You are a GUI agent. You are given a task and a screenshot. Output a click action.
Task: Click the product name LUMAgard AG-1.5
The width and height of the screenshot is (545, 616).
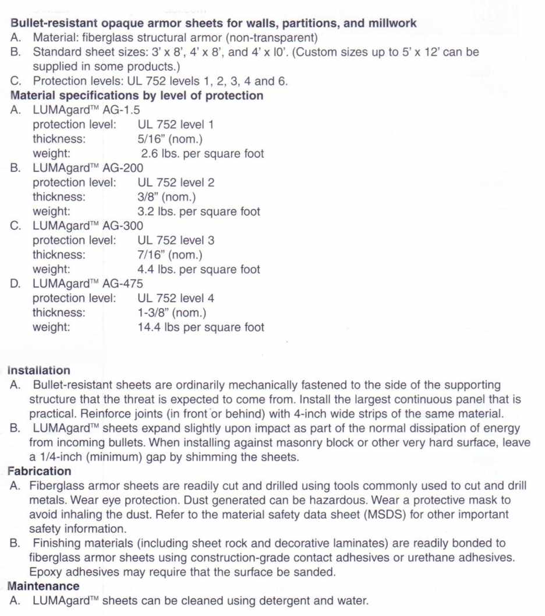click(86, 110)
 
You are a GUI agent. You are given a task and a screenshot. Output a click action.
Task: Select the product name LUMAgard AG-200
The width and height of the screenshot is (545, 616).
click(88, 168)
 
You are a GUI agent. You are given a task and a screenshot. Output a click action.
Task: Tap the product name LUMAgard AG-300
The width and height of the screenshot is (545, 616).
click(88, 226)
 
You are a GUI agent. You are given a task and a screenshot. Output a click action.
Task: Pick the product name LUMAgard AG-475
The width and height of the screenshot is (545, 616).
click(88, 284)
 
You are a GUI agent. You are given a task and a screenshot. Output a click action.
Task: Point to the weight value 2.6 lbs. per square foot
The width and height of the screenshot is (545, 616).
click(202, 154)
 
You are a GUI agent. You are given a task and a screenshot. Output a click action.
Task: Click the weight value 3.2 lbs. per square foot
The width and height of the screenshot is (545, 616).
click(199, 211)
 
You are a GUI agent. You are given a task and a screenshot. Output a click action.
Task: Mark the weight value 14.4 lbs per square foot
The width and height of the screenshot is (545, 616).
click(200, 327)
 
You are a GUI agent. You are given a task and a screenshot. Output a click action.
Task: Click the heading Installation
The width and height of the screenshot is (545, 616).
click(38, 370)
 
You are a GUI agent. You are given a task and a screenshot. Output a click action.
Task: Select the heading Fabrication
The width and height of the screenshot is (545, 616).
click(39, 471)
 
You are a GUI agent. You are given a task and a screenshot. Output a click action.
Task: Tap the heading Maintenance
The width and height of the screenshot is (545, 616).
click(43, 586)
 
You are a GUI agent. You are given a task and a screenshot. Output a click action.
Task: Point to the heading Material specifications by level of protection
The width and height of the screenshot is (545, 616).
click(137, 95)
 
